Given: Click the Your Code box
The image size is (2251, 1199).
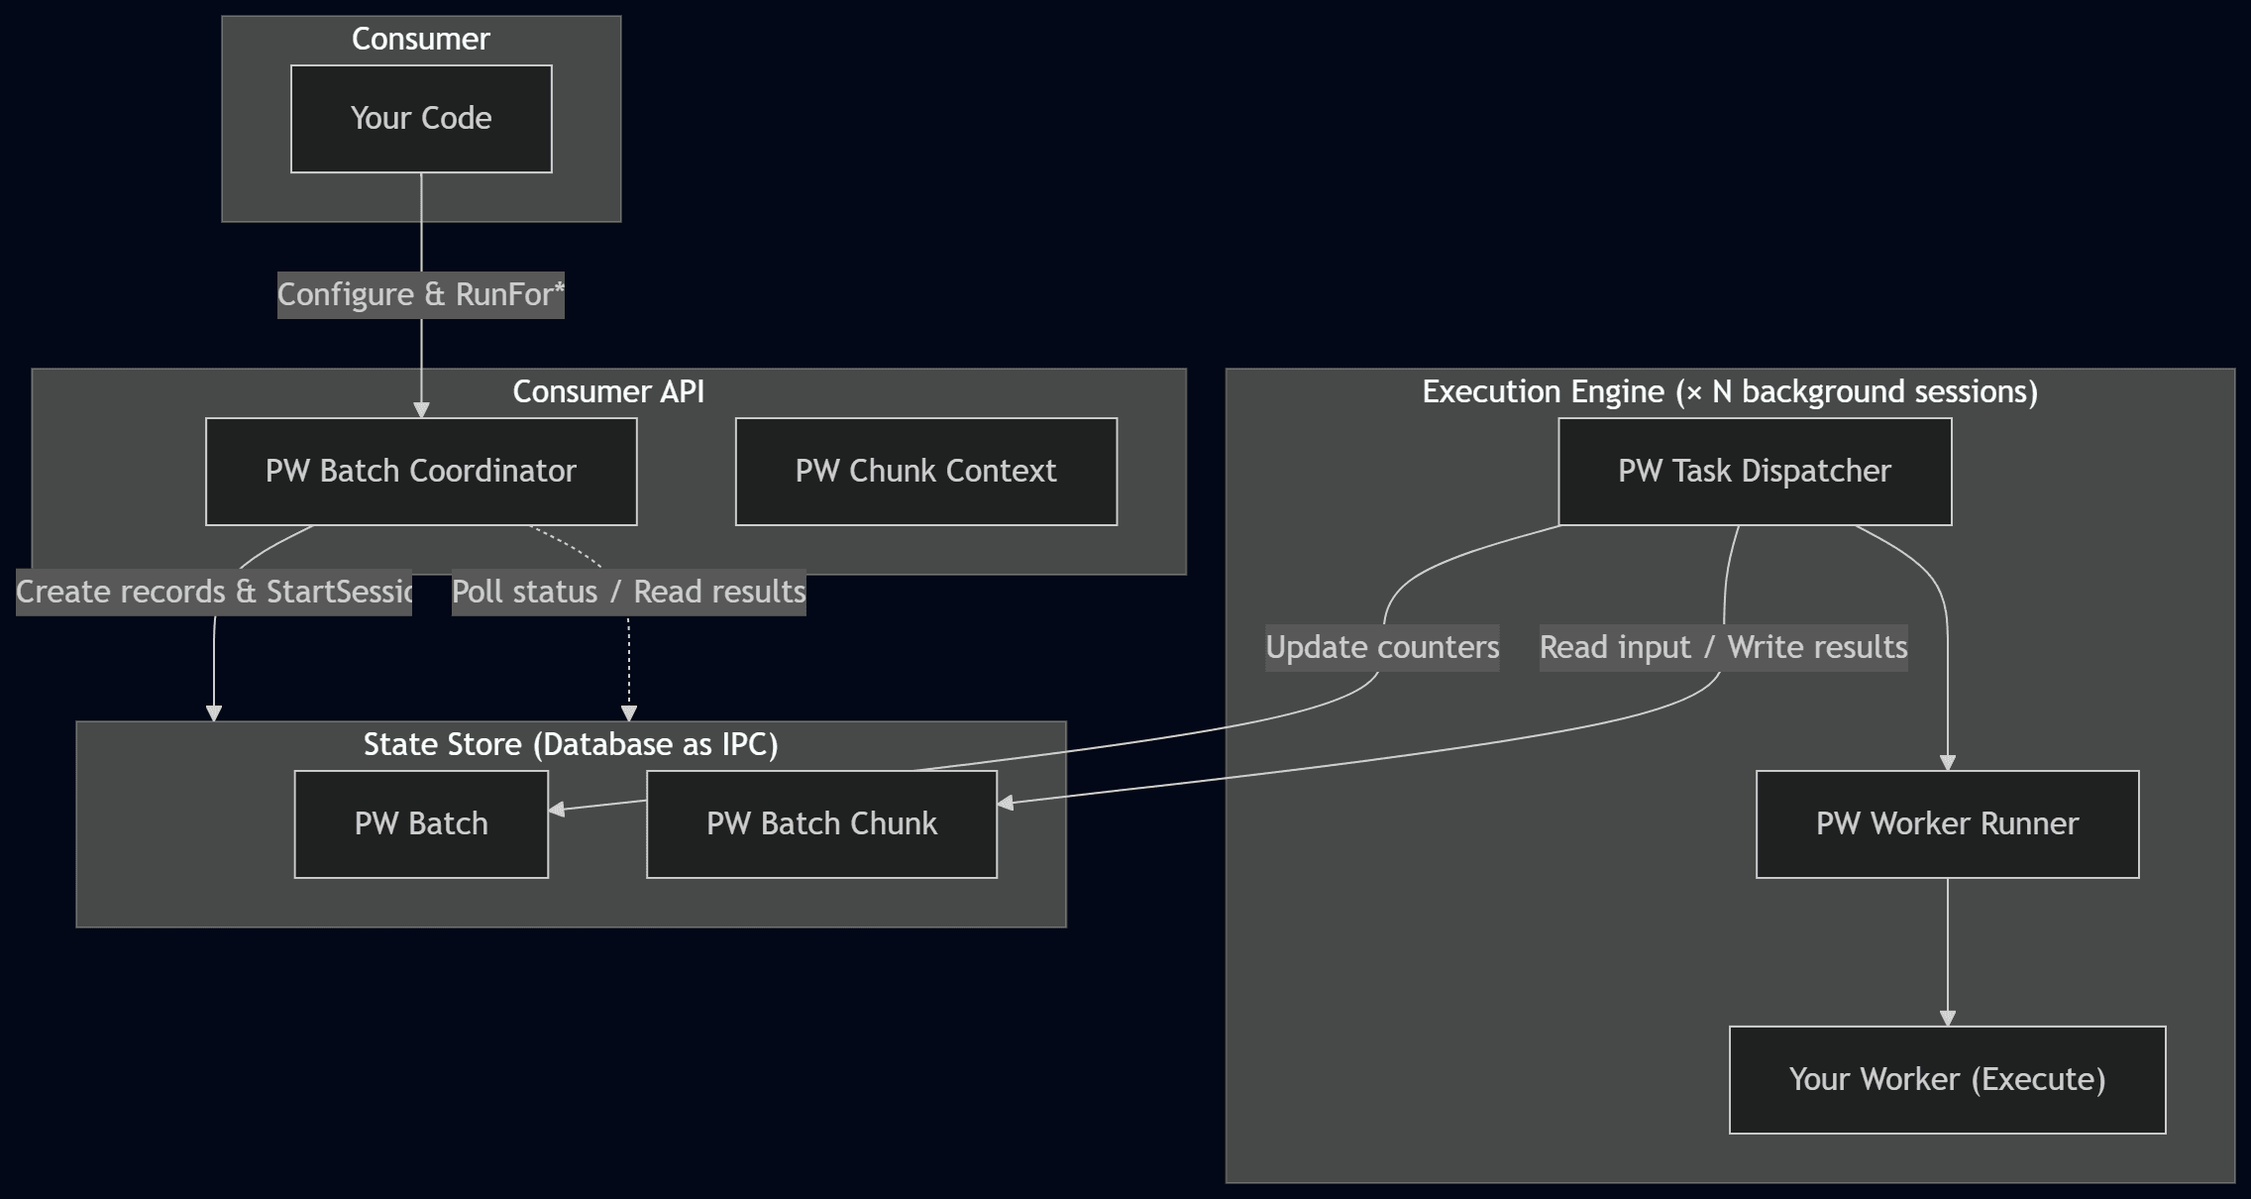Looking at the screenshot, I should [x=421, y=119].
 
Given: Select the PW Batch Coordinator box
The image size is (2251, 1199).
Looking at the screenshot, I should [x=421, y=472].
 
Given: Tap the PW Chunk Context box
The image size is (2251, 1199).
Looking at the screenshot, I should [x=925, y=472].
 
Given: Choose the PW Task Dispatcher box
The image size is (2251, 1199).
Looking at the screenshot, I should [x=1754, y=472].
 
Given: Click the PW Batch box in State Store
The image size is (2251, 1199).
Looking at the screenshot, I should [x=421, y=824].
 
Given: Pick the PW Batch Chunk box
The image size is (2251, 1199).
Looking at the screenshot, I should [x=821, y=824].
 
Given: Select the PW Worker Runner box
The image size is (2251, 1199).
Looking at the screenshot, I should [x=1947, y=824].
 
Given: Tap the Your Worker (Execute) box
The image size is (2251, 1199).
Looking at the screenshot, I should [x=1947, y=1080].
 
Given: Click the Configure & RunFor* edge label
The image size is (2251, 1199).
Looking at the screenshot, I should [x=420, y=295].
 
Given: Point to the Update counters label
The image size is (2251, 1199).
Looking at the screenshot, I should [x=1382, y=648].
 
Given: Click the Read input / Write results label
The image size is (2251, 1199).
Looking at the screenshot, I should [x=1723, y=648].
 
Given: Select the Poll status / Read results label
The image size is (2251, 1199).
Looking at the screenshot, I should [x=628, y=593].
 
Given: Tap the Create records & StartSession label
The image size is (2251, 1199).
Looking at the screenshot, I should [x=214, y=593].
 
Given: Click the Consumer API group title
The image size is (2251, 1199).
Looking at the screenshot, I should [x=608, y=392].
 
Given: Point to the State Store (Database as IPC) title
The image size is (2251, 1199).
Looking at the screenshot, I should [x=571, y=745].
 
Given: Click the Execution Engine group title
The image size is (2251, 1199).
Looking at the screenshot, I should [x=1730, y=392].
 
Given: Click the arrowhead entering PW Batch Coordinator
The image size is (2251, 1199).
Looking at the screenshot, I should [x=421, y=410].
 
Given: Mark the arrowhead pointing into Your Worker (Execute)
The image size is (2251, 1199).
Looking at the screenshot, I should [x=1947, y=1019].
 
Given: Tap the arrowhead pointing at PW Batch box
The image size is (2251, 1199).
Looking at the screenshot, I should [x=557, y=810].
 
